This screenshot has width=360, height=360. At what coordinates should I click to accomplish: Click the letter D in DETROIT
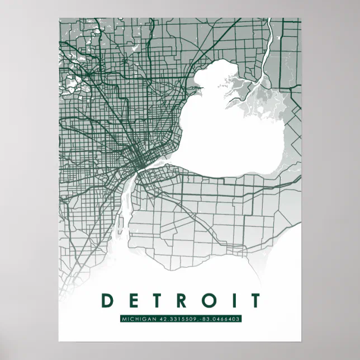click(107, 301)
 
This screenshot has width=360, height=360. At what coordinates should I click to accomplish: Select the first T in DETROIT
click(158, 301)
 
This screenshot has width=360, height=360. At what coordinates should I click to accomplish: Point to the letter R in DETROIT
click(182, 301)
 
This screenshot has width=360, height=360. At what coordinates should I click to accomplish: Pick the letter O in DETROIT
click(208, 301)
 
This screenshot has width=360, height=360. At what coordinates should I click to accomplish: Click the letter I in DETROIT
click(231, 301)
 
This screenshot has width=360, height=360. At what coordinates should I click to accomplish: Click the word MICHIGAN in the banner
click(139, 319)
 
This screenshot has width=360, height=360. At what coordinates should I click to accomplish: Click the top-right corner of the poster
click(301, 18)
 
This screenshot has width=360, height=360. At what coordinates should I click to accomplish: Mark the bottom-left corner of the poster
click(59, 340)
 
